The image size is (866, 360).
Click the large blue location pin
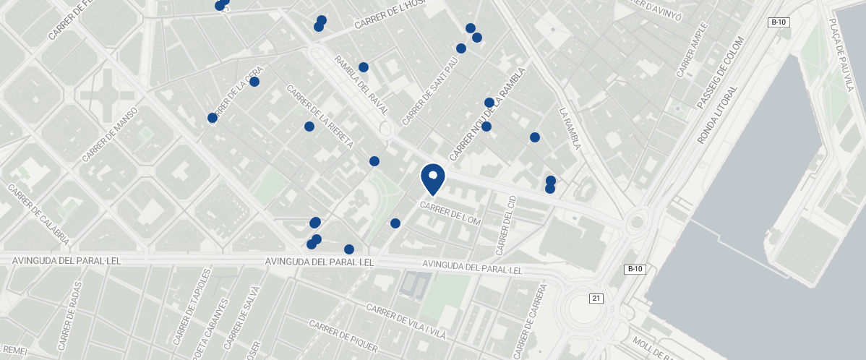tap(432, 179)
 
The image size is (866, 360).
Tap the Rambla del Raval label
tap(361, 86)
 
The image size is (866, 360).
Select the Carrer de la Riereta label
tap(320, 117)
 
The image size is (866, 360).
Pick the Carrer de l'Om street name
tap(450, 213)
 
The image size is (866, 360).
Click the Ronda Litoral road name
tap(719, 115)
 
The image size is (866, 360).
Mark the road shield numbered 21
tap(596, 299)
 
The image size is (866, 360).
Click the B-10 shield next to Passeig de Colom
tap(779, 22)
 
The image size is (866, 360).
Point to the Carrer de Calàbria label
tap(39, 214)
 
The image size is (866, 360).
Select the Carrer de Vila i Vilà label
tap(406, 322)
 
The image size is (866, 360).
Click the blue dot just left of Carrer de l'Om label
tap(395, 223)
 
